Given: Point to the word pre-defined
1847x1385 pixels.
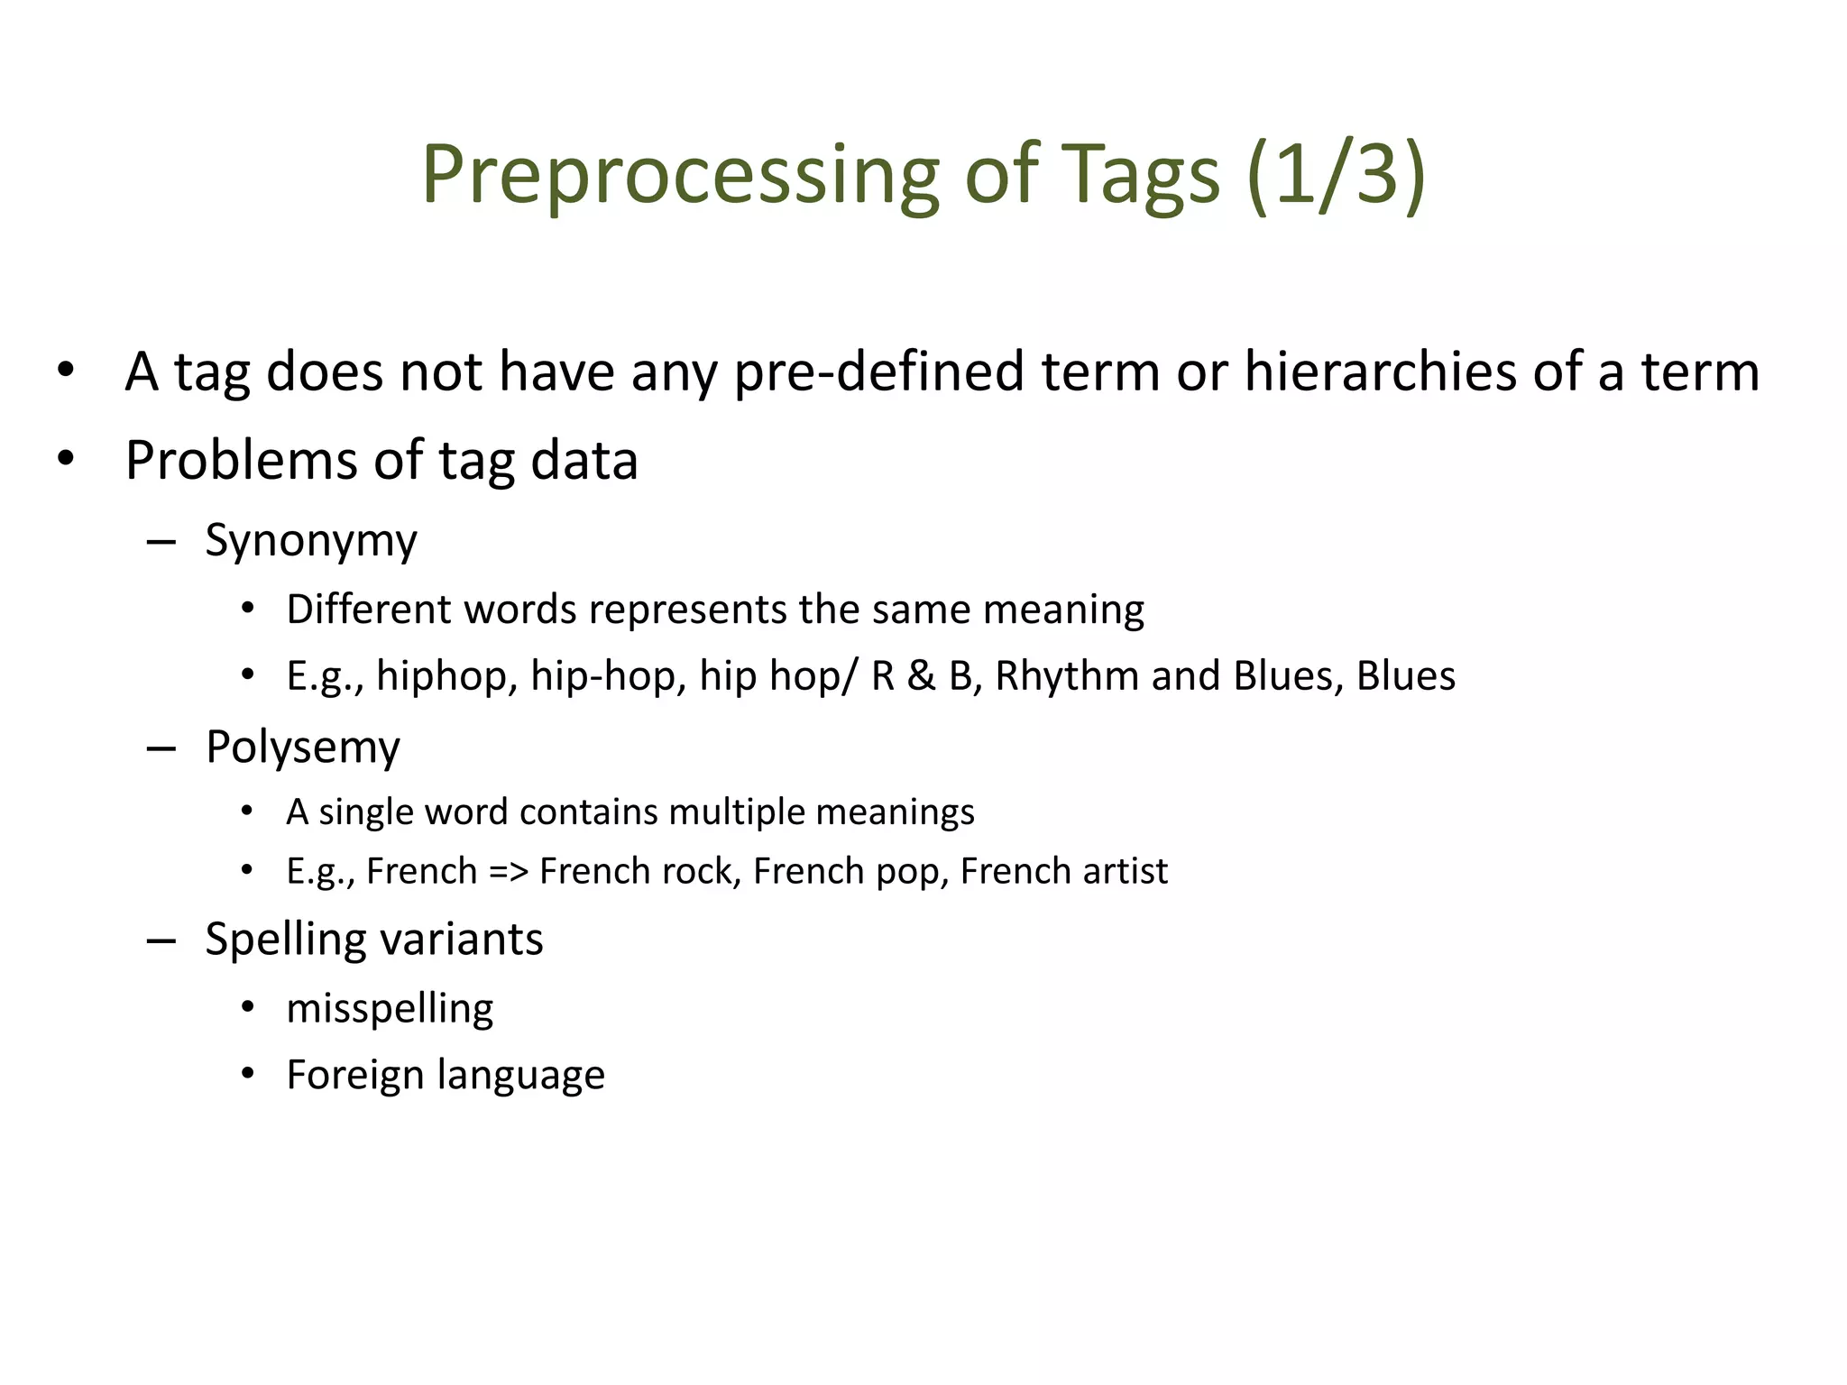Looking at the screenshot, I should [879, 371].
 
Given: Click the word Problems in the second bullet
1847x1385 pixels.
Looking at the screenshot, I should [241, 461].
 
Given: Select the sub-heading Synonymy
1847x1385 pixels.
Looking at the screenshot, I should [310, 541].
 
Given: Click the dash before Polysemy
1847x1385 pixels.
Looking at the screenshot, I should [161, 748].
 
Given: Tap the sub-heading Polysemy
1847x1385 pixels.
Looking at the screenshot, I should [302, 748].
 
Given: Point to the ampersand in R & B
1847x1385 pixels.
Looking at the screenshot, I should [921, 676].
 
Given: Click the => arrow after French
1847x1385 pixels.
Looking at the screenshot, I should [508, 872].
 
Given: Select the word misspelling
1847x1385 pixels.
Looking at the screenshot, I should [390, 1009].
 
